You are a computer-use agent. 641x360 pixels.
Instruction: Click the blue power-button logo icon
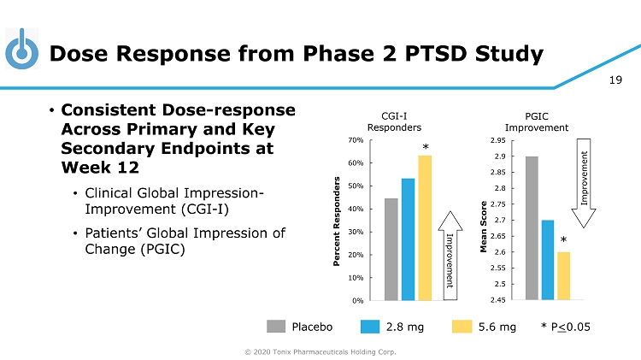23,50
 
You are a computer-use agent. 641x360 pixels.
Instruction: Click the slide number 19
615,81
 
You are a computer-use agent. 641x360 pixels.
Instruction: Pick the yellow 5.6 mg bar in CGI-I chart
425,227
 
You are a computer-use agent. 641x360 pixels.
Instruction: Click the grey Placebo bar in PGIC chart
532,227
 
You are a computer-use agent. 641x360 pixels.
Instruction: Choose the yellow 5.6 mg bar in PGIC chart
564,275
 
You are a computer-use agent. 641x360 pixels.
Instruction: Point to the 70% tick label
356,139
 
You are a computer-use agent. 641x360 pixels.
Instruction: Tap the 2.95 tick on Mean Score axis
497,139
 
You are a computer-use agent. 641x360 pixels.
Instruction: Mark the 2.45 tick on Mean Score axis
497,300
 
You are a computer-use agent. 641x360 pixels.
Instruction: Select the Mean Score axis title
484,221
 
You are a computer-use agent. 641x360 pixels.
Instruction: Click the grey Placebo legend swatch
275,326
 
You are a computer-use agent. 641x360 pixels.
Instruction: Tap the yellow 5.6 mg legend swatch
461,326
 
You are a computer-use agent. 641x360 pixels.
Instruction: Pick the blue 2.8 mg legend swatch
369,326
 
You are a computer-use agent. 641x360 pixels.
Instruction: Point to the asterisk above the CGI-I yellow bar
425,148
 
